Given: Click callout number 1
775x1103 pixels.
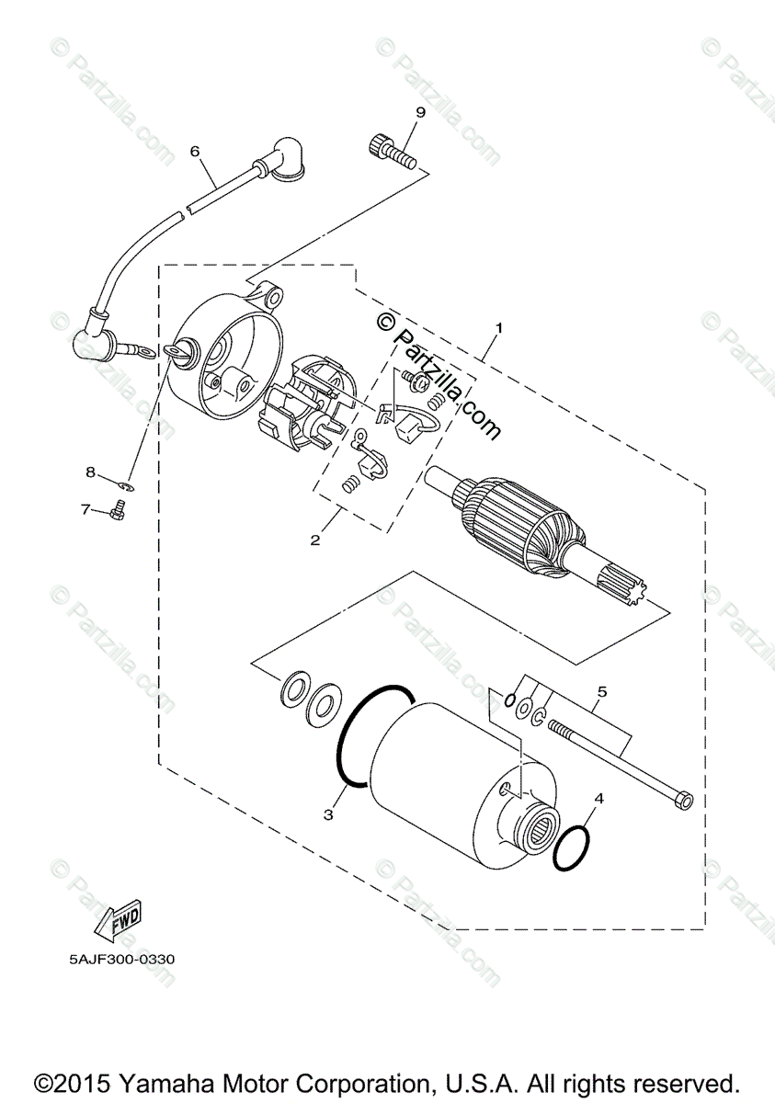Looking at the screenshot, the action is tap(499, 327).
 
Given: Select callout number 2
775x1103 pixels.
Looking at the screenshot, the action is tap(315, 540).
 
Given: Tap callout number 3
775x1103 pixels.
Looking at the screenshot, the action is tap(328, 813).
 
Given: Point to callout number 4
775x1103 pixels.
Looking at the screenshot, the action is tap(598, 798).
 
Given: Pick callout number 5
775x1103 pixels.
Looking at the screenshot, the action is tap(602, 689).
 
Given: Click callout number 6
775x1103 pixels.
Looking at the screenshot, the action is tap(195, 151).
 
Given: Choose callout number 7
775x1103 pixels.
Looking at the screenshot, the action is tap(85, 508).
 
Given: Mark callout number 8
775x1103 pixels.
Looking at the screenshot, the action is tap(91, 472).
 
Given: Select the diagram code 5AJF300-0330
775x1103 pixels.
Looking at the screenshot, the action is tap(120, 960).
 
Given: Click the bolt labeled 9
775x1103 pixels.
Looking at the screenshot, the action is tap(392, 152).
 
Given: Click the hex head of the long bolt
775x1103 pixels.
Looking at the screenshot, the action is tap(684, 800).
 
